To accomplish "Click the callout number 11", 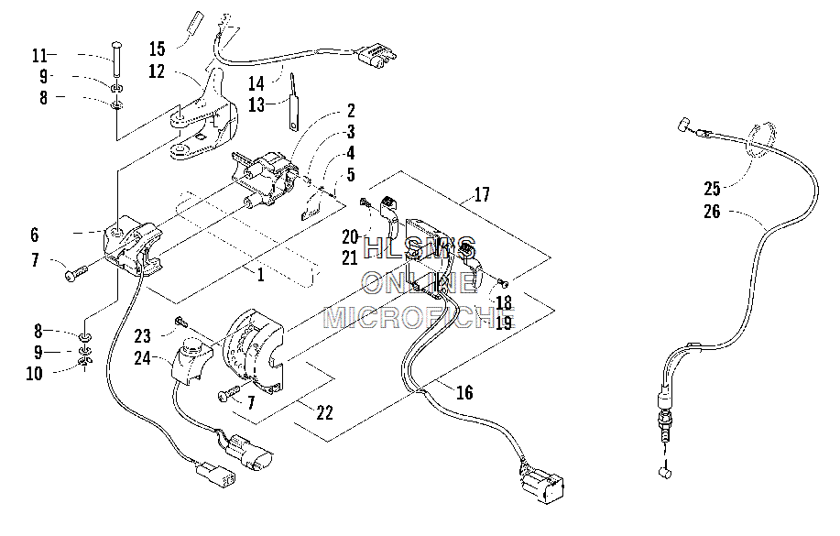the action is click(x=40, y=55).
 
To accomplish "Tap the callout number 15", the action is click(x=157, y=49).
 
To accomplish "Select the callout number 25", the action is click(x=712, y=189).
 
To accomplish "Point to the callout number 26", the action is click(x=712, y=212).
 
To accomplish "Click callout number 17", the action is click(x=482, y=194).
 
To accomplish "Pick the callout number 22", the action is click(x=324, y=412).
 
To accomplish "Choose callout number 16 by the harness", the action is click(x=464, y=392).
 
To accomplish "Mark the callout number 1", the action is click(x=261, y=276).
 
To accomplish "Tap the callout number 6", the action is click(x=35, y=235).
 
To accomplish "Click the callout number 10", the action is click(x=34, y=373).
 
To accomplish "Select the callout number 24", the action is click(x=143, y=358).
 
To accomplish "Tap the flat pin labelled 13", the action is click(x=292, y=102).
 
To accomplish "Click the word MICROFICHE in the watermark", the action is click(x=420, y=317).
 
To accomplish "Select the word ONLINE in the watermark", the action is click(x=419, y=282).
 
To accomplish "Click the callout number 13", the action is click(x=256, y=105).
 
